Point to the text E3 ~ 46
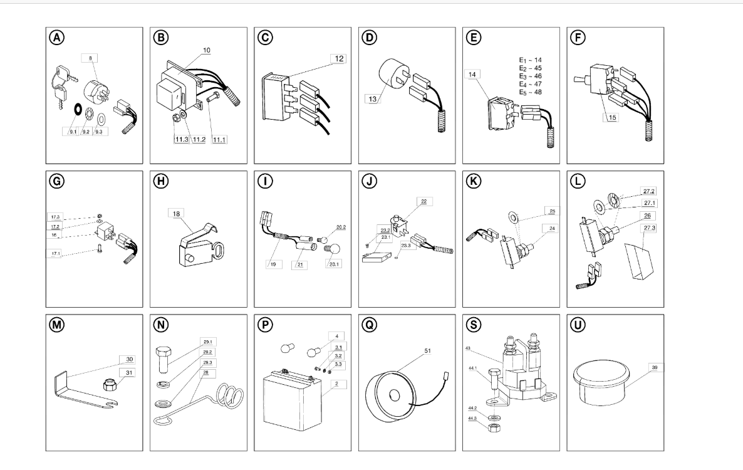[x=529, y=76]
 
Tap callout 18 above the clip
[x=175, y=214]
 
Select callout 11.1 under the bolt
[x=219, y=138]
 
